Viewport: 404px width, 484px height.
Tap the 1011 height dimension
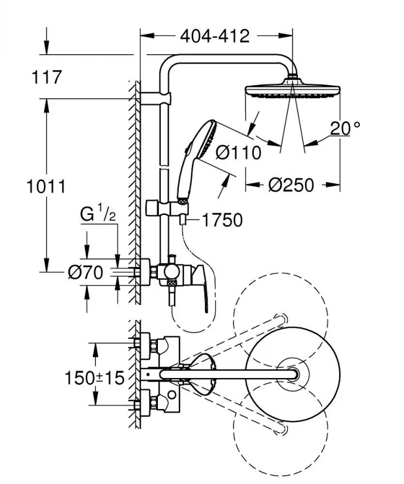point(45,186)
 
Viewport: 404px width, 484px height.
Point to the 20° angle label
point(347,127)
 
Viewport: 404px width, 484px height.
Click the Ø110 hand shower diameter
point(238,153)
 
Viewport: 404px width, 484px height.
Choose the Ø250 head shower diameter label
point(291,185)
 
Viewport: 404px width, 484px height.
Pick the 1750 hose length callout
point(222,220)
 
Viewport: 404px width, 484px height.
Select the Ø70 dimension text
point(86,273)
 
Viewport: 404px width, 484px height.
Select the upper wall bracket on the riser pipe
point(162,96)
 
